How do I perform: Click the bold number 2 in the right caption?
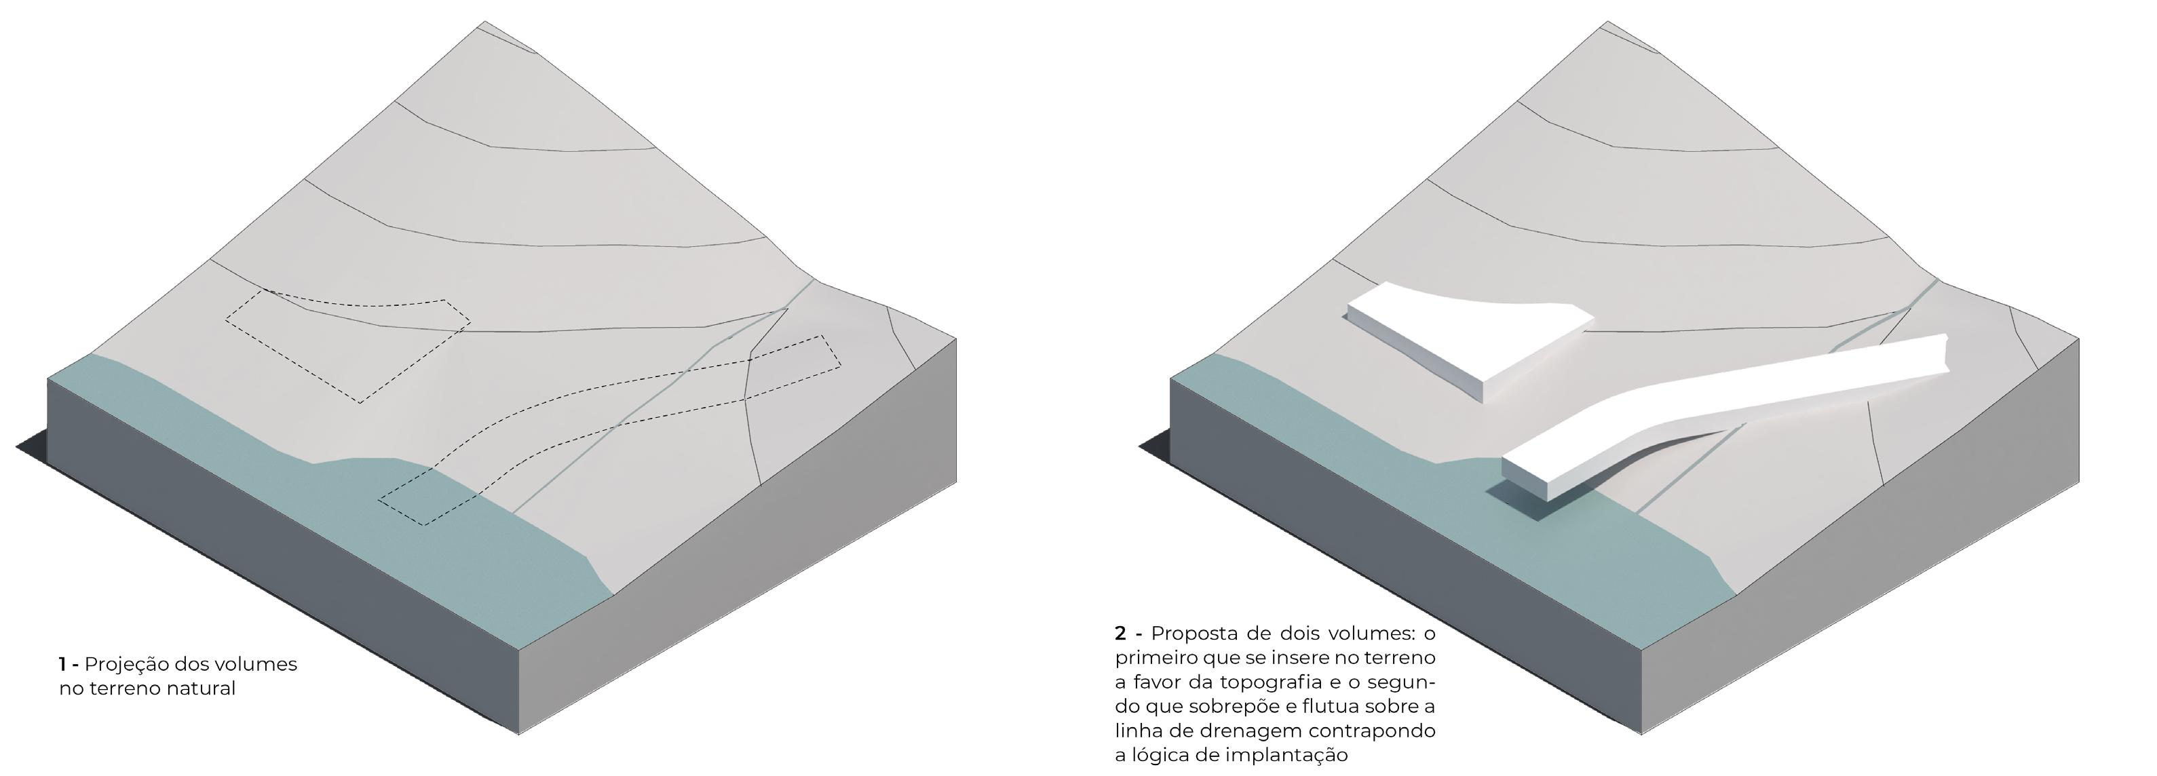click(1120, 633)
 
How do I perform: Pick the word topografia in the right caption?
click(1272, 682)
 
